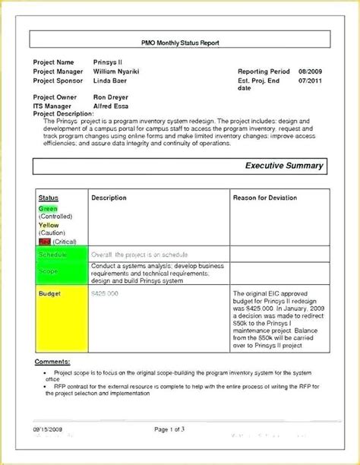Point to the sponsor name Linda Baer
point(110,81)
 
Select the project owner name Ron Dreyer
point(111,97)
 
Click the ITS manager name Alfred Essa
point(111,106)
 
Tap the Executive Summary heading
point(283,166)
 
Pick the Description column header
point(109,198)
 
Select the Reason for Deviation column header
point(268,198)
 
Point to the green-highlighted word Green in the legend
point(47,207)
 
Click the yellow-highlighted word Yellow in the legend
point(48,225)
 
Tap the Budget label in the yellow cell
point(49,293)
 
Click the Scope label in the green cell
point(48,271)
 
